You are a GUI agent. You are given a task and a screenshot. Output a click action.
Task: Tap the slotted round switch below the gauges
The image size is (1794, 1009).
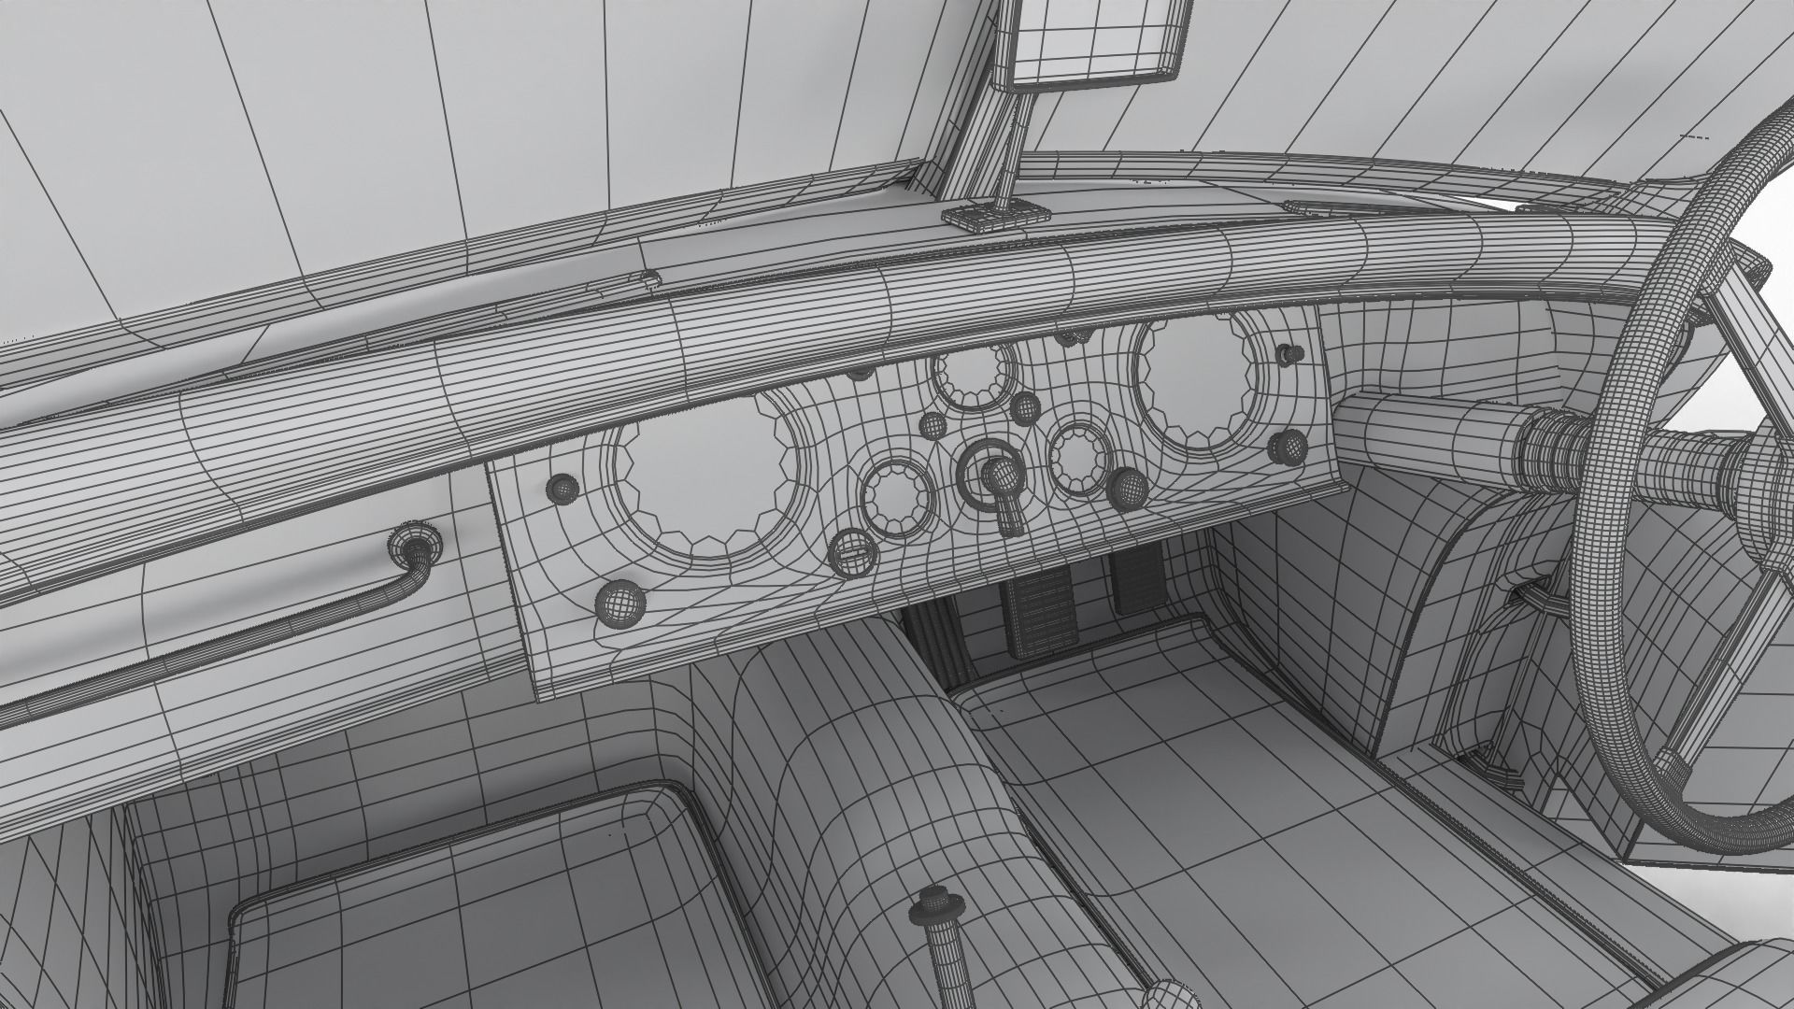coord(852,550)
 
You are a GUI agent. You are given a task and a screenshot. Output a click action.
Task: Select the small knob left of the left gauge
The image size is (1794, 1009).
coord(563,487)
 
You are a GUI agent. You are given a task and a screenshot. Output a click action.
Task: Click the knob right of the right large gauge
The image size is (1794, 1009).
coord(1289,445)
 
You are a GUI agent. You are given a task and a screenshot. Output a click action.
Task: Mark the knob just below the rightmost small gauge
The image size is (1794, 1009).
coord(1128,487)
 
